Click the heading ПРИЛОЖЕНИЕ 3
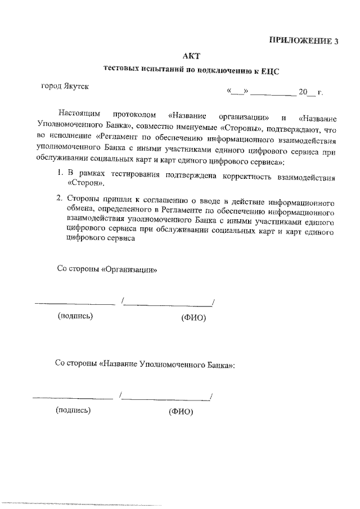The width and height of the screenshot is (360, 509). (304, 40)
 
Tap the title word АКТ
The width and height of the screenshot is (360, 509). (191, 56)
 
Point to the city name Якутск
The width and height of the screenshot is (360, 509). (75, 87)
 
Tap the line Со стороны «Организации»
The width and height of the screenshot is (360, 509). (107, 269)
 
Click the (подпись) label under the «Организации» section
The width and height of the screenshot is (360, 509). (75, 316)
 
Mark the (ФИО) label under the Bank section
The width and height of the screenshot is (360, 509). (181, 411)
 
